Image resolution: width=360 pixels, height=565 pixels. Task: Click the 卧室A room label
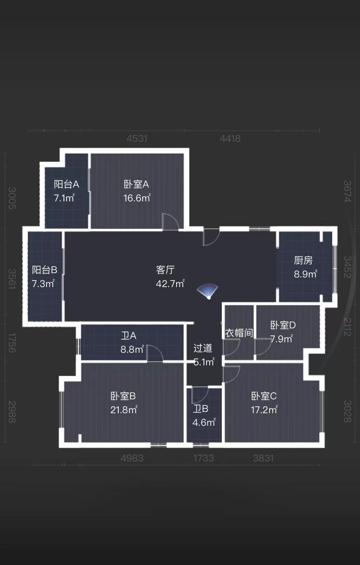point(136,184)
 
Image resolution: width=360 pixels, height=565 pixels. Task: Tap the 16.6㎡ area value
point(137,198)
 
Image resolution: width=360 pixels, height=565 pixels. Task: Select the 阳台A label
point(66,184)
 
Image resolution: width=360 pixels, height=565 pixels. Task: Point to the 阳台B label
point(45,270)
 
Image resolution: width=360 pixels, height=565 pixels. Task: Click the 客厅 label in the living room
point(165,270)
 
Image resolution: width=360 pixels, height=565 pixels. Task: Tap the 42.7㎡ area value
point(170,284)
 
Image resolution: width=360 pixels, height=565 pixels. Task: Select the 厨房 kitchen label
point(303,261)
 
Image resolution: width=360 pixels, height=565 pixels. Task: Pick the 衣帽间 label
point(239,333)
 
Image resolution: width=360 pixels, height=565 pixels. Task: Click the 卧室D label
point(283,325)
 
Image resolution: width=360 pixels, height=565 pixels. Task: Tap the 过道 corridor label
point(203,348)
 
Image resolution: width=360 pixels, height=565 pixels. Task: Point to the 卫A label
point(129,336)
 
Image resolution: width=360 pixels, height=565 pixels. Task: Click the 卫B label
point(201,409)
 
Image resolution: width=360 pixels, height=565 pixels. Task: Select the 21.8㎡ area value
point(124,410)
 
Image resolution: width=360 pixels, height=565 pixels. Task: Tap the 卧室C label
point(264,396)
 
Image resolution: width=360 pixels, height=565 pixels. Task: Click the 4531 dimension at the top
point(137,139)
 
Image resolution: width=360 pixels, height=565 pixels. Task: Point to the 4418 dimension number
point(230,139)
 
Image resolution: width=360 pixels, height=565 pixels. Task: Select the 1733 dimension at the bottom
point(203,458)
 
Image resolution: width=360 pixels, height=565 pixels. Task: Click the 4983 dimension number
point(132,458)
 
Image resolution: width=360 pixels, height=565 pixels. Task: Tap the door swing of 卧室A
point(170,222)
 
